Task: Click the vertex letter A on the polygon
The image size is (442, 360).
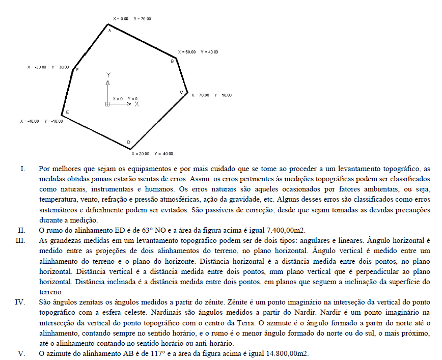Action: (x=109, y=31)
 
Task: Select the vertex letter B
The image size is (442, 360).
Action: (x=172, y=61)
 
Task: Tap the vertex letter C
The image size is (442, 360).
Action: (x=181, y=92)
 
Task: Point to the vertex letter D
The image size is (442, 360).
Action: (x=128, y=142)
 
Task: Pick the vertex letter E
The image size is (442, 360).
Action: (x=68, y=112)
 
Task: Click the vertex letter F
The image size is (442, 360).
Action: (x=77, y=70)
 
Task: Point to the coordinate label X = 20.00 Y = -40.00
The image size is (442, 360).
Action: (x=152, y=154)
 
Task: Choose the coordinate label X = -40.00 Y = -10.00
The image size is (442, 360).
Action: (x=41, y=121)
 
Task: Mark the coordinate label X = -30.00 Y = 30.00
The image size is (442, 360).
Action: (x=48, y=67)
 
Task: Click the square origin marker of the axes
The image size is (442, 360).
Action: (x=107, y=104)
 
